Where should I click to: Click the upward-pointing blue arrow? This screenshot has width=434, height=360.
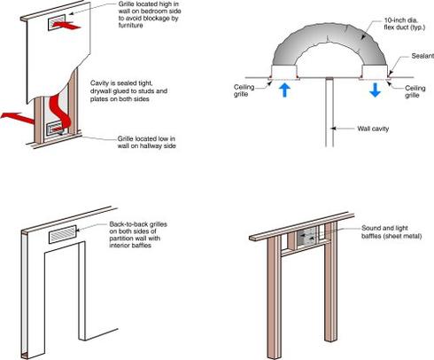(x=284, y=90)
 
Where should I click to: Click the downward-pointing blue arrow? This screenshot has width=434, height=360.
(x=375, y=90)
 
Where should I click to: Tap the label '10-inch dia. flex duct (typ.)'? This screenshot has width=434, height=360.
(x=404, y=24)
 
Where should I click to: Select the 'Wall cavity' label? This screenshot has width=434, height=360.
(x=373, y=129)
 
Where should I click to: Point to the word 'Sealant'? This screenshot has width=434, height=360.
(x=422, y=56)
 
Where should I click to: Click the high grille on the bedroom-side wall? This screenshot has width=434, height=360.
(x=57, y=23)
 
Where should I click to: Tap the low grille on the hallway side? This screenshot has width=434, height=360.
(x=55, y=129)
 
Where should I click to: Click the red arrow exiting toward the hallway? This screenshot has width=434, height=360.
(x=18, y=117)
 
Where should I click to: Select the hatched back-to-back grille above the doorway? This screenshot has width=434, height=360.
(x=63, y=234)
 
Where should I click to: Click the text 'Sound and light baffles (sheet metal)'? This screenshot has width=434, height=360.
(x=391, y=232)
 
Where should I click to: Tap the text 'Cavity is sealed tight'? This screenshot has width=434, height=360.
(x=121, y=83)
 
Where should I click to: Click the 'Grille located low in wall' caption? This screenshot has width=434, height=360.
(x=146, y=142)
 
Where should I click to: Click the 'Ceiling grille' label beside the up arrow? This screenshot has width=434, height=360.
(x=244, y=90)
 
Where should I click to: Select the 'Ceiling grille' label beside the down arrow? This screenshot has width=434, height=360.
(x=415, y=91)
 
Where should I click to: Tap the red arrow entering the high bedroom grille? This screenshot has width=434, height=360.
(x=66, y=25)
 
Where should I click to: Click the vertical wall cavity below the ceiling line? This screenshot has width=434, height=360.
(x=329, y=113)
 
